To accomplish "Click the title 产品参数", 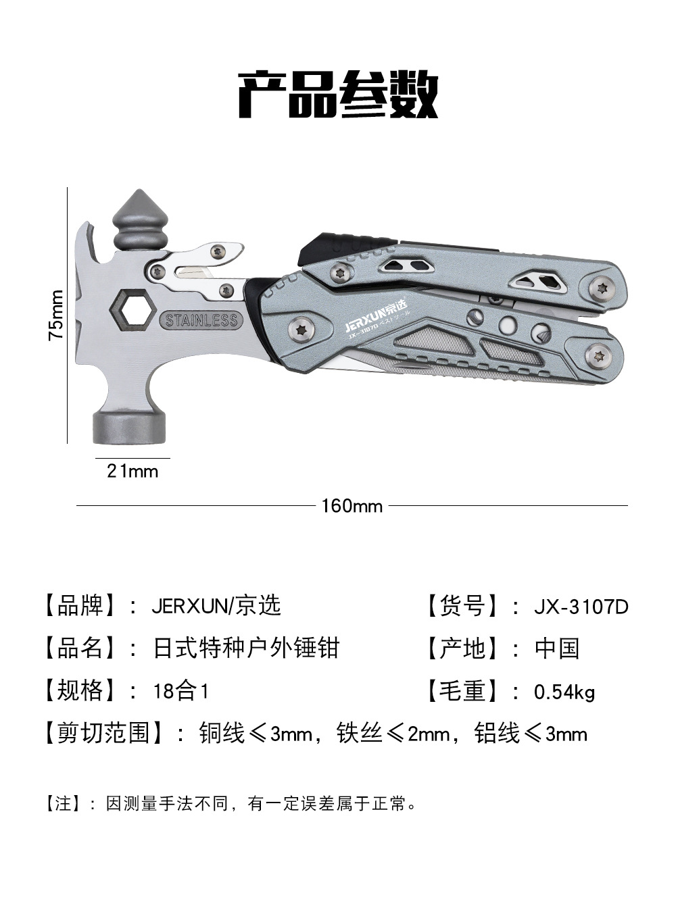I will [338, 95].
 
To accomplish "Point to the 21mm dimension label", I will [132, 471].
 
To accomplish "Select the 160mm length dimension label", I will [352, 506].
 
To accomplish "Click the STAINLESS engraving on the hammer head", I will [201, 320].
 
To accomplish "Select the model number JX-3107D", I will [581, 607].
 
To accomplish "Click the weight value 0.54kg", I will [564, 692].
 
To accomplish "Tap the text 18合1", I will [181, 691].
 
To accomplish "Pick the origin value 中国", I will [557, 648].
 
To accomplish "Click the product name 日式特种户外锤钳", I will [246, 648].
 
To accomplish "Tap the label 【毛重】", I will [463, 691].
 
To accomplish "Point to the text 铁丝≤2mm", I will [393, 734].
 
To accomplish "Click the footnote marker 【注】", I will [63, 804].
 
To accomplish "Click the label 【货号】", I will [463, 606].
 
